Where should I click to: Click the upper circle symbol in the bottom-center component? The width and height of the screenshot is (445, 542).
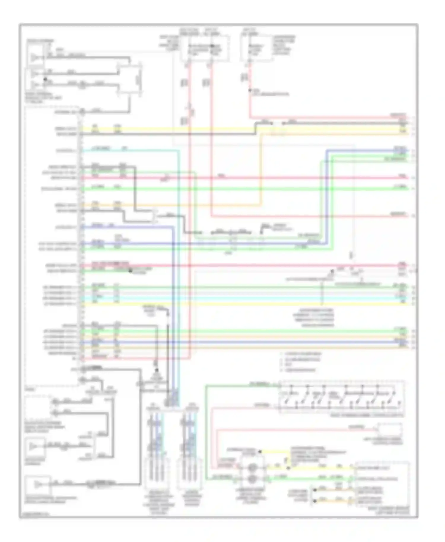pyautogui.click(x=252, y=468)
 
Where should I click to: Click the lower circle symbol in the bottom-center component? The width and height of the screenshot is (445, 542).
pyautogui.click(x=252, y=478)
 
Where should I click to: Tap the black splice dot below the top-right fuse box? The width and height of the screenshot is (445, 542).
pyautogui.click(x=250, y=90)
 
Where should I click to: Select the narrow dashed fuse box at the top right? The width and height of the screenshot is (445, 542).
pyautogui.click(x=256, y=48)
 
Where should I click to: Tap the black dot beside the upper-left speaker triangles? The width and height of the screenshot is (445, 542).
pyautogui.click(x=45, y=79)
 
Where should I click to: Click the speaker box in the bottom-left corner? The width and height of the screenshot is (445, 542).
pyautogui.click(x=38, y=485)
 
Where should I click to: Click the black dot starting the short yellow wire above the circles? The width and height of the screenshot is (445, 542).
pyautogui.click(x=260, y=452)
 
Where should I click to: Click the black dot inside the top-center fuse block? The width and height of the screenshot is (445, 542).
pyautogui.click(x=212, y=46)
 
